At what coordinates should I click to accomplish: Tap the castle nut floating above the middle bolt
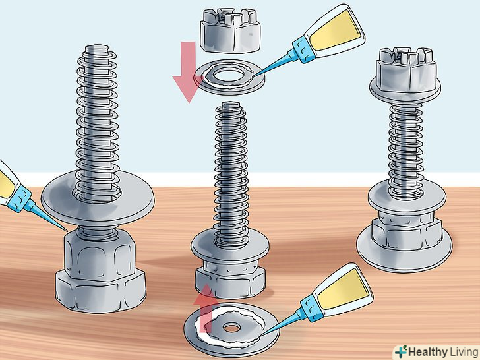click(x=231, y=30)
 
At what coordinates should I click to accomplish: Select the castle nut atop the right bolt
click(x=407, y=69)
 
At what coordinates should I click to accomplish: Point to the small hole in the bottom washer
click(x=231, y=328)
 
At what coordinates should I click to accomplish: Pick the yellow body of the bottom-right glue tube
click(x=343, y=286)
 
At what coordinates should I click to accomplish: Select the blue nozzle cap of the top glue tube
click(x=305, y=50)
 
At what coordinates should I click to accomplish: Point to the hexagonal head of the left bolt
click(x=100, y=291)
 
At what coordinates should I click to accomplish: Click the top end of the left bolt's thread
click(x=97, y=48)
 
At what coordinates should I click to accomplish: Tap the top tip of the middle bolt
click(x=230, y=105)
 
